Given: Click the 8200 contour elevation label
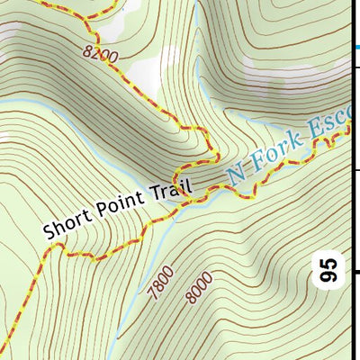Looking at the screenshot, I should [101, 55].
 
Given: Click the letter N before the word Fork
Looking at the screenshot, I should [237, 172].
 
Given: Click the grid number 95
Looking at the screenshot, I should [330, 270].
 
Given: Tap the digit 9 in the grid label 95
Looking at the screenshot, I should [330, 277].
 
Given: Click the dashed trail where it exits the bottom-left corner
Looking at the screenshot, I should [5, 354].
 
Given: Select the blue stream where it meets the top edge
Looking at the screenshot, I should [196, 3].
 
